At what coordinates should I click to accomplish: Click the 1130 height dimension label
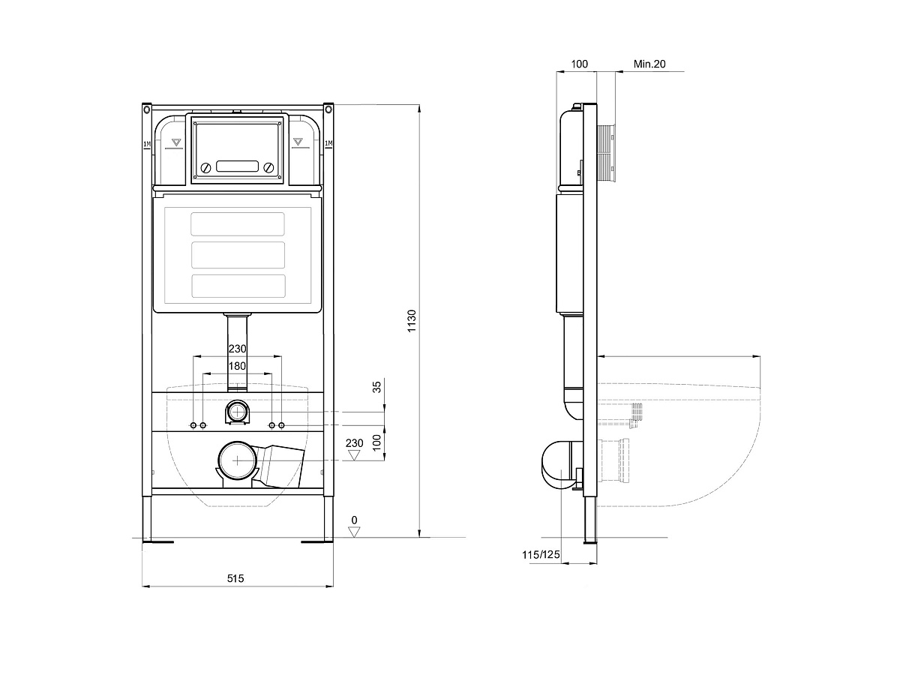click(412, 321)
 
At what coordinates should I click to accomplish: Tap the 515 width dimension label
click(235, 578)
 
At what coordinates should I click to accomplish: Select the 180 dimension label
click(237, 366)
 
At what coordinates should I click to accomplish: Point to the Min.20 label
click(649, 64)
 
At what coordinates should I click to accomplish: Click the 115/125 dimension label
click(541, 555)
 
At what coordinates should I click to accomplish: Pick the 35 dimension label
click(376, 387)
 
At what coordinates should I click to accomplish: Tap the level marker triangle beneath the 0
click(354, 532)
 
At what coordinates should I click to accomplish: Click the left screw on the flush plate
click(205, 167)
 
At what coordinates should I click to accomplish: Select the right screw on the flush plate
click(269, 167)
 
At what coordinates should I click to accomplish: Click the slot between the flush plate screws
click(238, 166)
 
